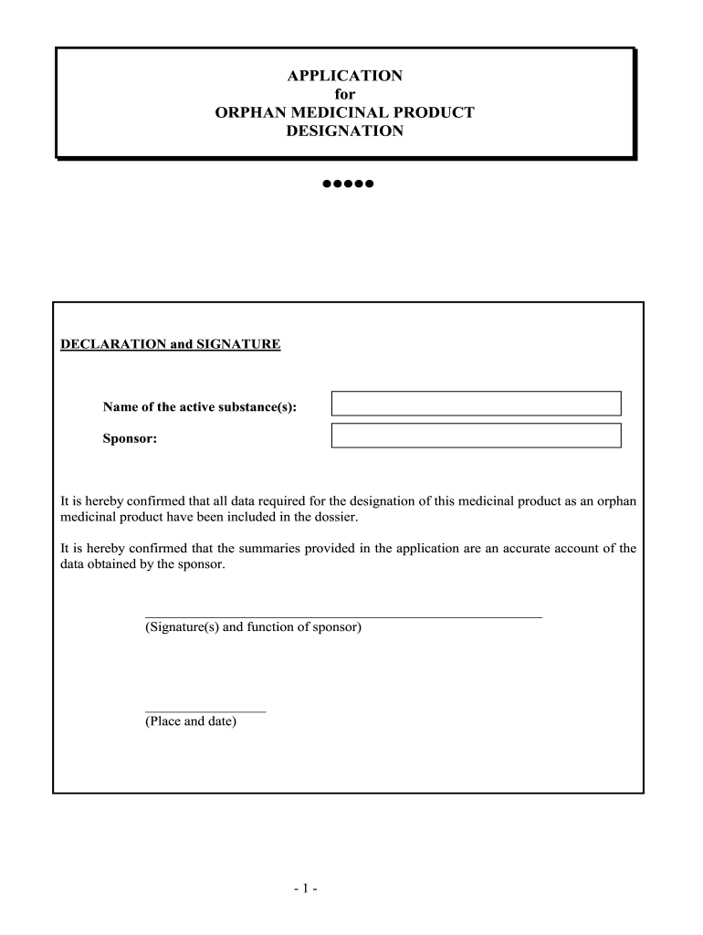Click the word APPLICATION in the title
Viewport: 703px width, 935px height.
pos(345,76)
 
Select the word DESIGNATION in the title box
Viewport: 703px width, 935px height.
pos(345,131)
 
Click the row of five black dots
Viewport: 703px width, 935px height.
pos(348,184)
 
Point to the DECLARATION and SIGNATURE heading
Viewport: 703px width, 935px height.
pos(171,345)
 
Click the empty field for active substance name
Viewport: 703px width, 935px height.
pos(476,404)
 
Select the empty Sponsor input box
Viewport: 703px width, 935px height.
pos(476,436)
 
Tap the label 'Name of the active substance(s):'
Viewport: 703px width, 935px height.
pos(199,406)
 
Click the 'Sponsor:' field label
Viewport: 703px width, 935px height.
pos(130,439)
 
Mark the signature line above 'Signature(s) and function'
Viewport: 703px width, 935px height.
pos(343,618)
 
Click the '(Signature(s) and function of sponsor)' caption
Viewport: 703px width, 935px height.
pos(254,628)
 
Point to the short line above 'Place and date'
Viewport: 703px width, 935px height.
pos(205,711)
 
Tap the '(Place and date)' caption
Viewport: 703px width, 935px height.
pos(191,721)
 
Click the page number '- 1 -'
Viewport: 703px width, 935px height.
pos(305,887)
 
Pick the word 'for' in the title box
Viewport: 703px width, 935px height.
pos(345,94)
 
